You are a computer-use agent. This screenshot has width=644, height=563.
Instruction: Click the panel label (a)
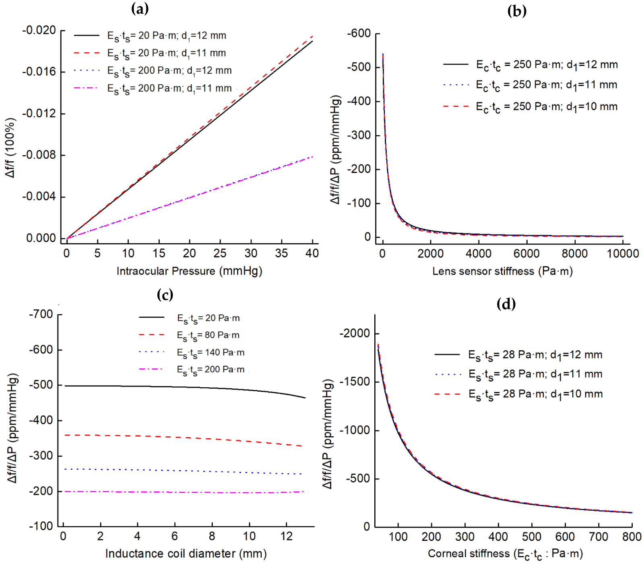(x=140, y=8)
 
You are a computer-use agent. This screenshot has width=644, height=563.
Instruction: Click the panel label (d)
(x=506, y=304)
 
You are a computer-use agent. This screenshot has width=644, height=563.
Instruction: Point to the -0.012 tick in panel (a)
(x=39, y=113)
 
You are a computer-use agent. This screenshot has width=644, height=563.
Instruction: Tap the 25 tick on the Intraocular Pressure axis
(x=220, y=253)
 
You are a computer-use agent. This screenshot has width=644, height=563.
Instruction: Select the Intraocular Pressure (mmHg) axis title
(x=189, y=271)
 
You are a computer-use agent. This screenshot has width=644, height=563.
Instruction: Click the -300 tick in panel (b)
(x=359, y=135)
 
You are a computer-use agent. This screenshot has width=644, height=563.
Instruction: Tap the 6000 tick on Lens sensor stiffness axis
(x=526, y=253)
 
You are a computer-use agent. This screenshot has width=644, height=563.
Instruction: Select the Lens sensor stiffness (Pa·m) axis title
(x=502, y=271)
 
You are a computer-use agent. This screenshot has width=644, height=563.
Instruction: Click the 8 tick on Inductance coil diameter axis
(x=212, y=536)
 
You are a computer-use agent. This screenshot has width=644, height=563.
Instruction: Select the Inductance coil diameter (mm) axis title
(x=186, y=554)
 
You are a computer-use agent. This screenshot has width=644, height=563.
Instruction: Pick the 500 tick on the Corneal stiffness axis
(x=531, y=536)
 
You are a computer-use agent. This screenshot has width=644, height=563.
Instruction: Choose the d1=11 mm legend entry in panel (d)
(x=535, y=374)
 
